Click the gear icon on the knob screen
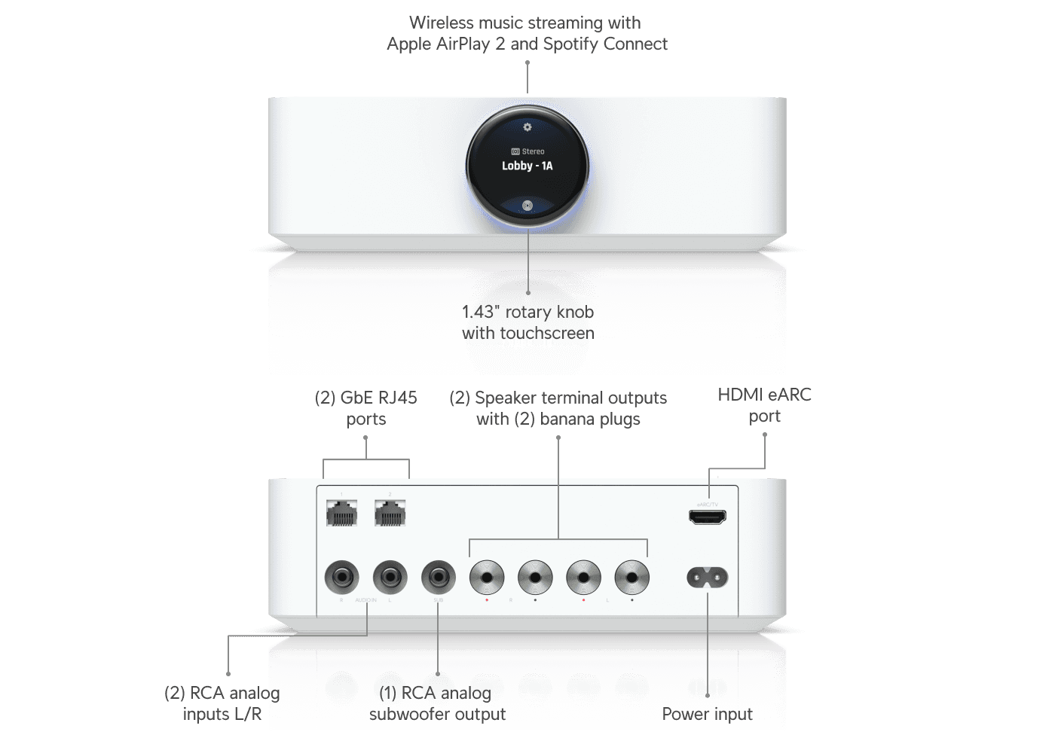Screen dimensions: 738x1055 [527, 127]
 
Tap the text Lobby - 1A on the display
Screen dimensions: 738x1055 [527, 166]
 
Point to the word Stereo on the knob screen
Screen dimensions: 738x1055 [533, 151]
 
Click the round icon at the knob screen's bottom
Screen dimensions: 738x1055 [527, 205]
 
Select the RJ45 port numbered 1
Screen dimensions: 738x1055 [341, 514]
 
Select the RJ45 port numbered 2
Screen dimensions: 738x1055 [390, 514]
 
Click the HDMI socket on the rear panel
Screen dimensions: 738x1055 [707, 517]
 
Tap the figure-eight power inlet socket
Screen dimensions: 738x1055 [707, 578]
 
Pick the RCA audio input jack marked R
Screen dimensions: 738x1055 [341, 578]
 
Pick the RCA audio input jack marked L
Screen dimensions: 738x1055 [390, 578]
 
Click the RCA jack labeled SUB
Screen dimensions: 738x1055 [438, 578]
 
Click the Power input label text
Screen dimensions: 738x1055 [707, 714]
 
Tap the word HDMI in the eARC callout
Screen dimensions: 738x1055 [740, 395]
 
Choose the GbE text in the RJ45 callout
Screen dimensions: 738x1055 [357, 398]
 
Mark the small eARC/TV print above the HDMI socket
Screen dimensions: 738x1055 [707, 504]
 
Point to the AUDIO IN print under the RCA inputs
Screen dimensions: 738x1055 [365, 600]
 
